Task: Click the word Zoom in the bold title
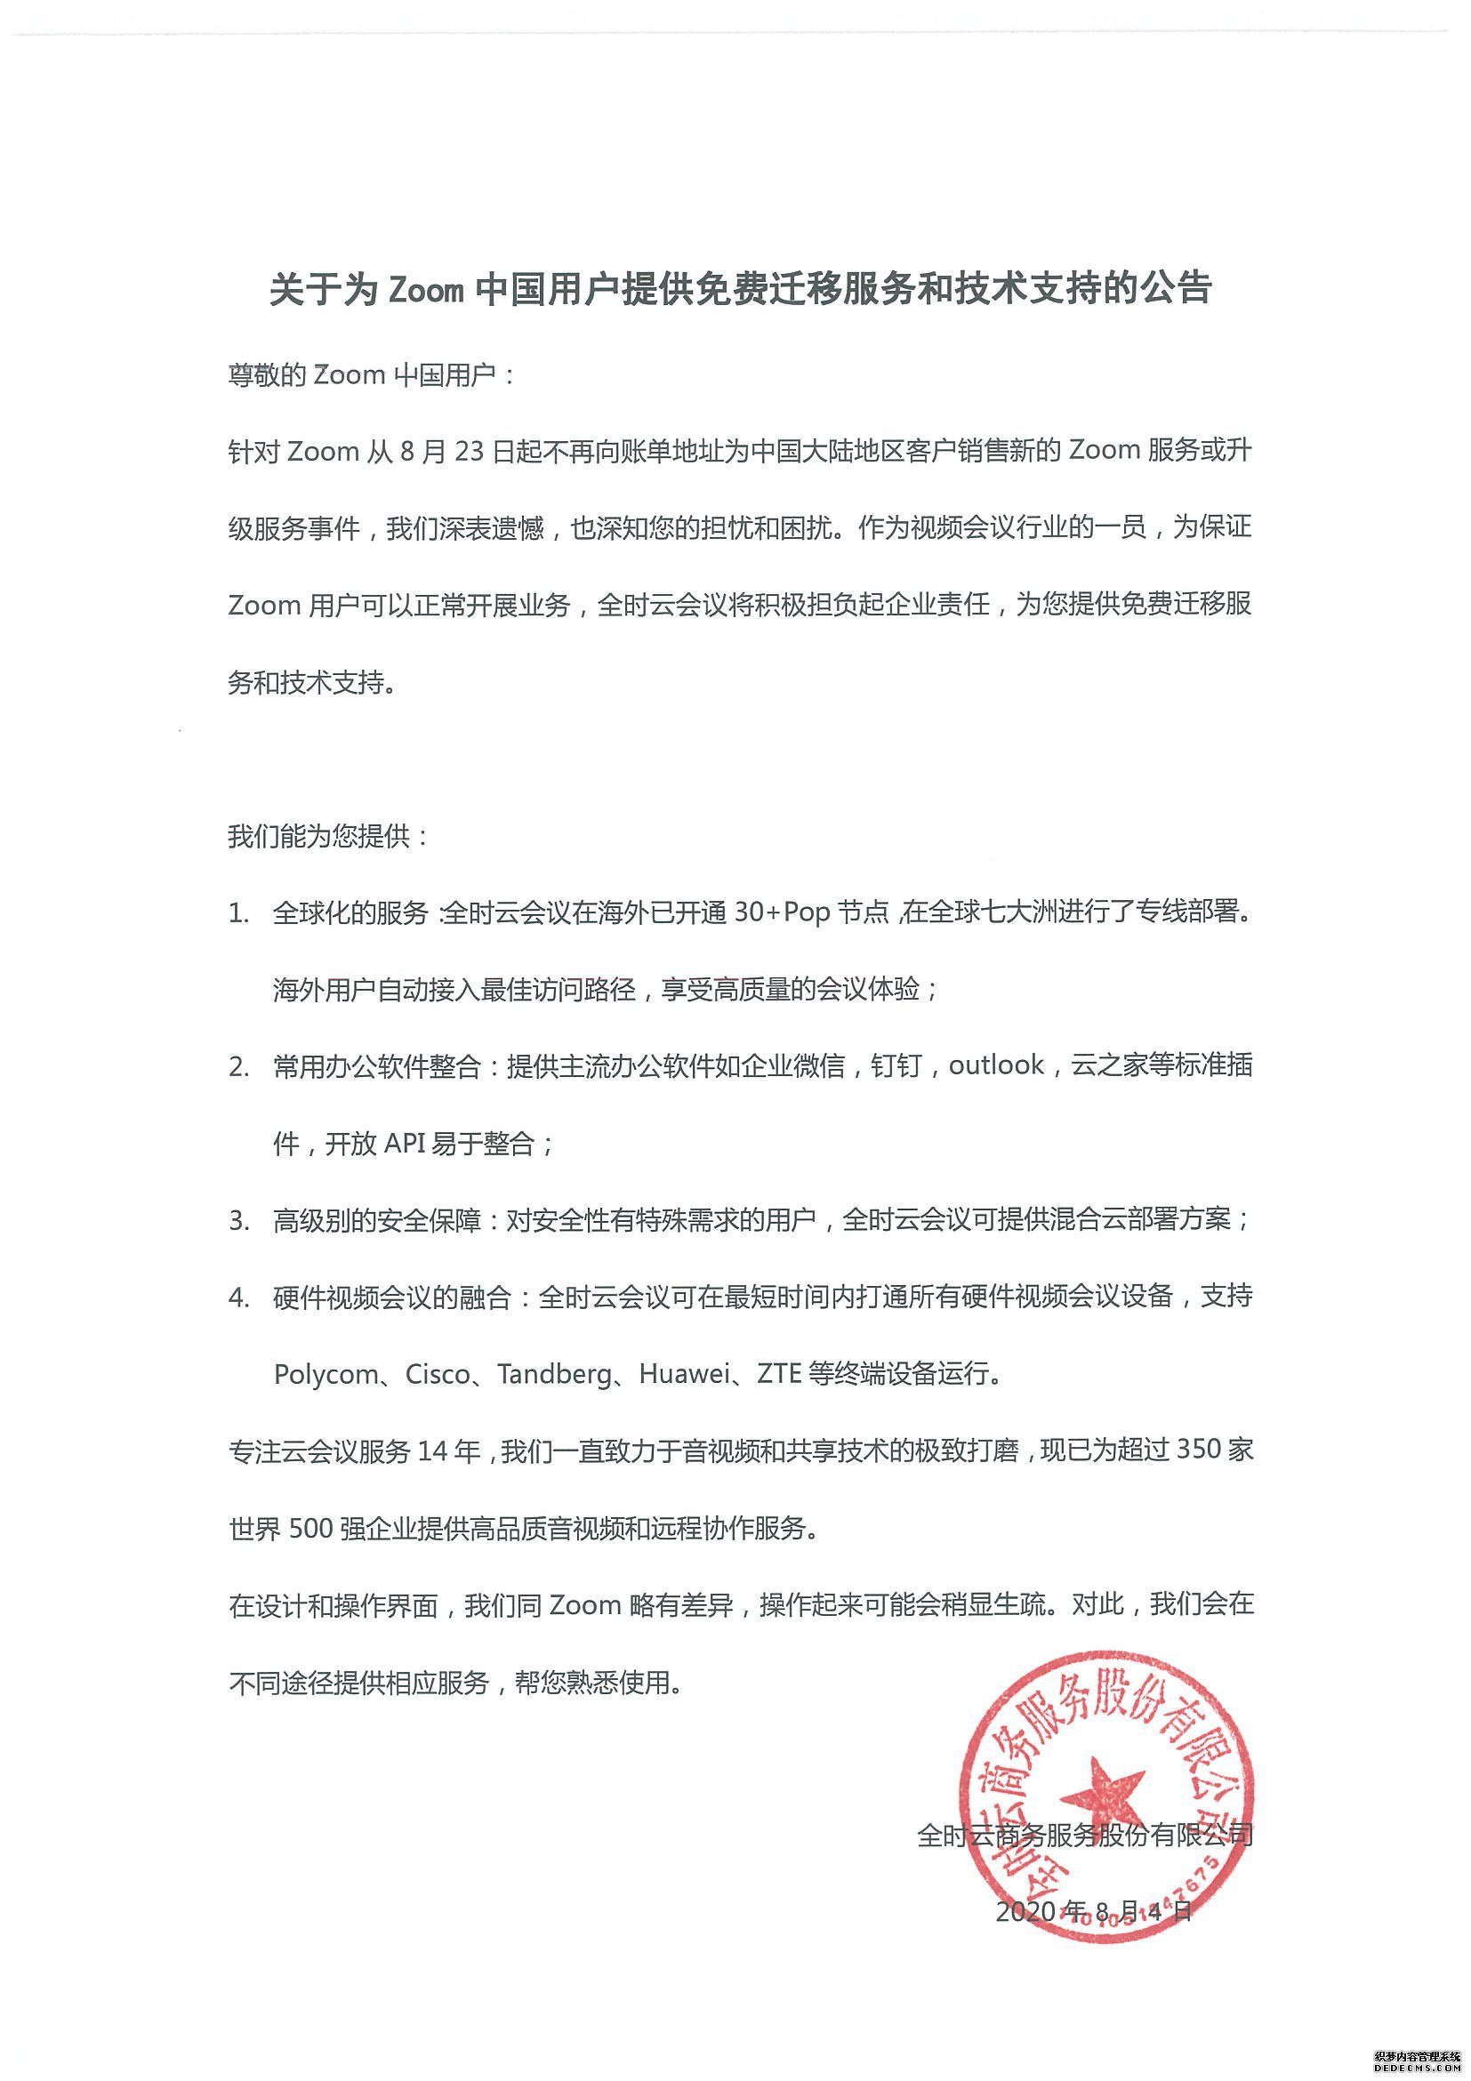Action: point(426,290)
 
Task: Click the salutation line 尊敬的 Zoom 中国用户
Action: point(372,375)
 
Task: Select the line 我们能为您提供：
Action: point(328,836)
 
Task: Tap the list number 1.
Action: point(238,913)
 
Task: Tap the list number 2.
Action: point(238,1067)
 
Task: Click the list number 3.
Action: point(238,1221)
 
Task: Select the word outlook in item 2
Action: point(996,1065)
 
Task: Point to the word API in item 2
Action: point(405,1143)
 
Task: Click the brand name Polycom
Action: point(326,1375)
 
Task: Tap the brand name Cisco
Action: point(438,1375)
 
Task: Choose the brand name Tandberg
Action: point(555,1375)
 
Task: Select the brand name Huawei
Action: point(684,1375)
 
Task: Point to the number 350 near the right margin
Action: point(1202,1451)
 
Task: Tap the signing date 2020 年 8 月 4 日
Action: point(1094,1911)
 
